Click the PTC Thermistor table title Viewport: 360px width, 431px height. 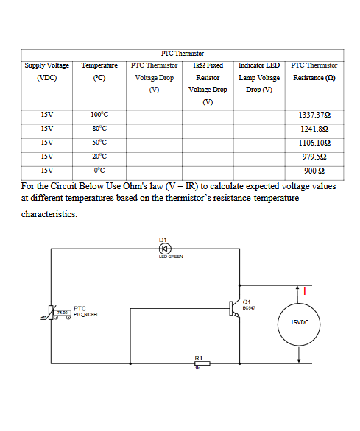point(182,54)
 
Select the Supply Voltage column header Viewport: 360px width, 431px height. point(46,71)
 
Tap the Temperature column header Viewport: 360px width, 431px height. point(99,71)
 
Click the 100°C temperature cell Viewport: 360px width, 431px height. point(99,115)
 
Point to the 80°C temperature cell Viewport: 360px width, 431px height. point(99,129)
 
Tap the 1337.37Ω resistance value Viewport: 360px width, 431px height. point(314,115)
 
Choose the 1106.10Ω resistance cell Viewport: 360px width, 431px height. point(314,143)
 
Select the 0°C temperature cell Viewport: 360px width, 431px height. point(99,171)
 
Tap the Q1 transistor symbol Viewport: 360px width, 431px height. point(235,307)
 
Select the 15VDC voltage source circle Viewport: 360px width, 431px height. point(299,322)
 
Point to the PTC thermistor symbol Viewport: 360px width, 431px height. point(53,313)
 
